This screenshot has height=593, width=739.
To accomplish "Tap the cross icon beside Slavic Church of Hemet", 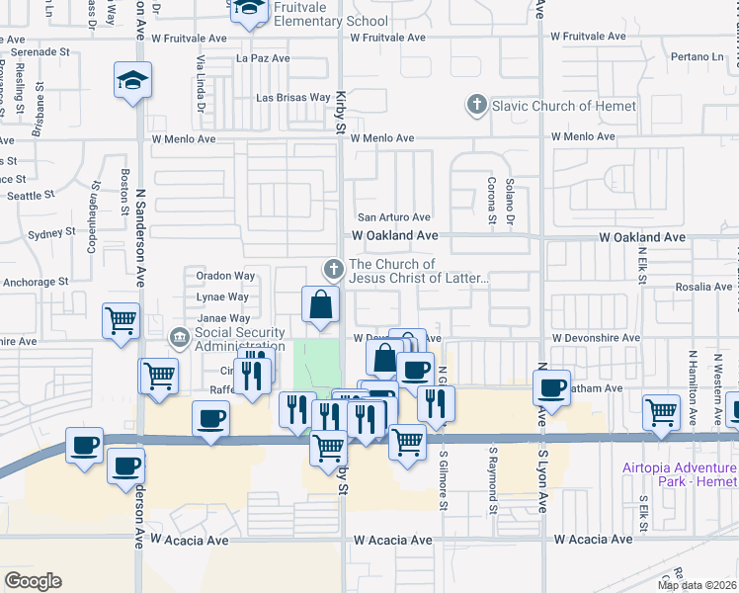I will [x=477, y=104].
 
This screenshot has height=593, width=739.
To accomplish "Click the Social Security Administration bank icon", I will [x=179, y=339].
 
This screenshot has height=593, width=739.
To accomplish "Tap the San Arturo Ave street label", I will [x=394, y=217].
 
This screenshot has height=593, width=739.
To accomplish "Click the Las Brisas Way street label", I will [x=293, y=98].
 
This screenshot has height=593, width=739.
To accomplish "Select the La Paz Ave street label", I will [x=263, y=58].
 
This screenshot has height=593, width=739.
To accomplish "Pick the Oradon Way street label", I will [x=225, y=276].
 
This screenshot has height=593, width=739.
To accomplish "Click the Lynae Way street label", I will [x=222, y=296].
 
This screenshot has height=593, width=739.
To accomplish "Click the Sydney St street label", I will [x=52, y=233].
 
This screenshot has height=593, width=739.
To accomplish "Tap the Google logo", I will [x=33, y=581].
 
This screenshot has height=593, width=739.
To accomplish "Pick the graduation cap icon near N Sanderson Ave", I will [x=132, y=80].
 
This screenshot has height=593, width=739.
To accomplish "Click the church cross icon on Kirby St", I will [x=334, y=268].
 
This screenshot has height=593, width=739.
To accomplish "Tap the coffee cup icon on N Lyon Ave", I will [x=552, y=385].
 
